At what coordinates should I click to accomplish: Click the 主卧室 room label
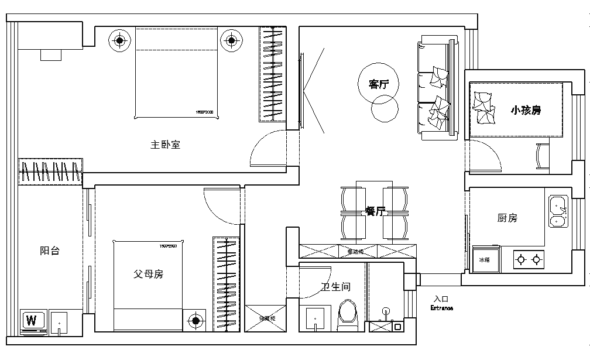point(166,145)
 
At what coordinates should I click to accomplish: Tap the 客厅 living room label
point(379,84)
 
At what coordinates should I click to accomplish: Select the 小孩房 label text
point(525,110)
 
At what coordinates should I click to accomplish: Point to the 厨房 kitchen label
point(507,218)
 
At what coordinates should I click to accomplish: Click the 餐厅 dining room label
point(375,211)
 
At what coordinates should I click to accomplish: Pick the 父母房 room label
point(148,274)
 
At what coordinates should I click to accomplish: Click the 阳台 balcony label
point(49,251)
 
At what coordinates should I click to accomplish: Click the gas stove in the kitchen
point(528,259)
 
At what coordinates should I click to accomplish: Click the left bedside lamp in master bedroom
point(119,41)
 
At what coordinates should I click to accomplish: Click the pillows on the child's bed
point(483,109)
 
